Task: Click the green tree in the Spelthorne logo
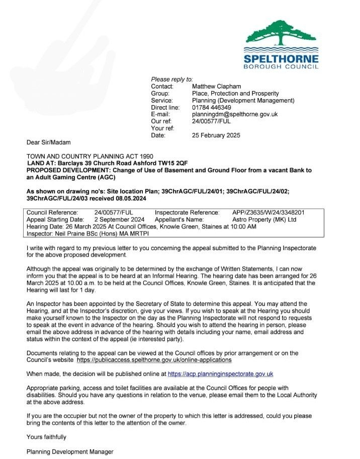coord(281,32)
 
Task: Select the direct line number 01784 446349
coord(212,107)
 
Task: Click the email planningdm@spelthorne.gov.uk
coord(235,114)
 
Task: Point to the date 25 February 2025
coord(216,135)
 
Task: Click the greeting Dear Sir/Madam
coord(49,142)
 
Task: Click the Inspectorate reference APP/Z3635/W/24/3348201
coord(268,212)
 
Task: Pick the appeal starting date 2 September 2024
coord(120,219)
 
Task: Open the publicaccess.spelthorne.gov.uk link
coord(154,360)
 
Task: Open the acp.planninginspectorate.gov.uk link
coord(220,374)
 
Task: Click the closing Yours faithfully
coord(46,437)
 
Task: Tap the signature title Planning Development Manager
coord(70,451)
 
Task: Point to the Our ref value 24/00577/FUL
coord(211,121)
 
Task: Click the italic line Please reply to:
coord(172,80)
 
